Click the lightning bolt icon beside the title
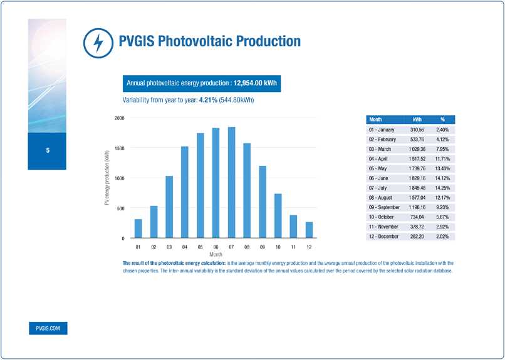pos(97,43)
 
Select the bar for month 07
pos(231,182)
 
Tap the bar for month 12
pos(309,230)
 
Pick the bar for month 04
pos(185,192)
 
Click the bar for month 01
pos(138,229)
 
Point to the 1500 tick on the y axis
pos(118,148)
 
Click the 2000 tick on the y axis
pos(118,118)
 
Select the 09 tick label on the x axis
pos(263,248)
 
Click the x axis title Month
pos(216,255)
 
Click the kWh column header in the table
pos(417,119)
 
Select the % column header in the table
pos(442,119)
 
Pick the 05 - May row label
pos(382,168)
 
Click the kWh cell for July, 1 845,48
pos(417,188)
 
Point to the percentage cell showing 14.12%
pos(442,178)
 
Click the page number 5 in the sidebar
pos(47,151)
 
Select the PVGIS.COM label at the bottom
pos(48,329)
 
